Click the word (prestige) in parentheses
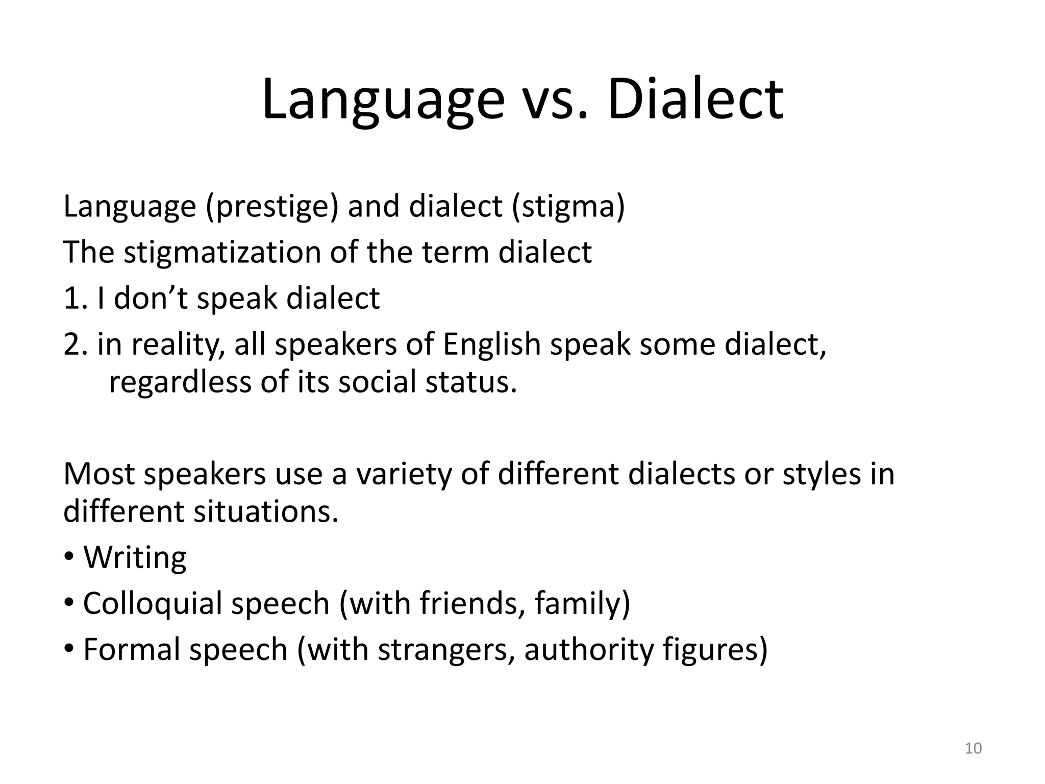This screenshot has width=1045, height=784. point(272,206)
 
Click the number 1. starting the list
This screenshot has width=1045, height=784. point(76,299)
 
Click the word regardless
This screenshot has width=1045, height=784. point(180,382)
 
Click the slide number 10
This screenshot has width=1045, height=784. point(974,749)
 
